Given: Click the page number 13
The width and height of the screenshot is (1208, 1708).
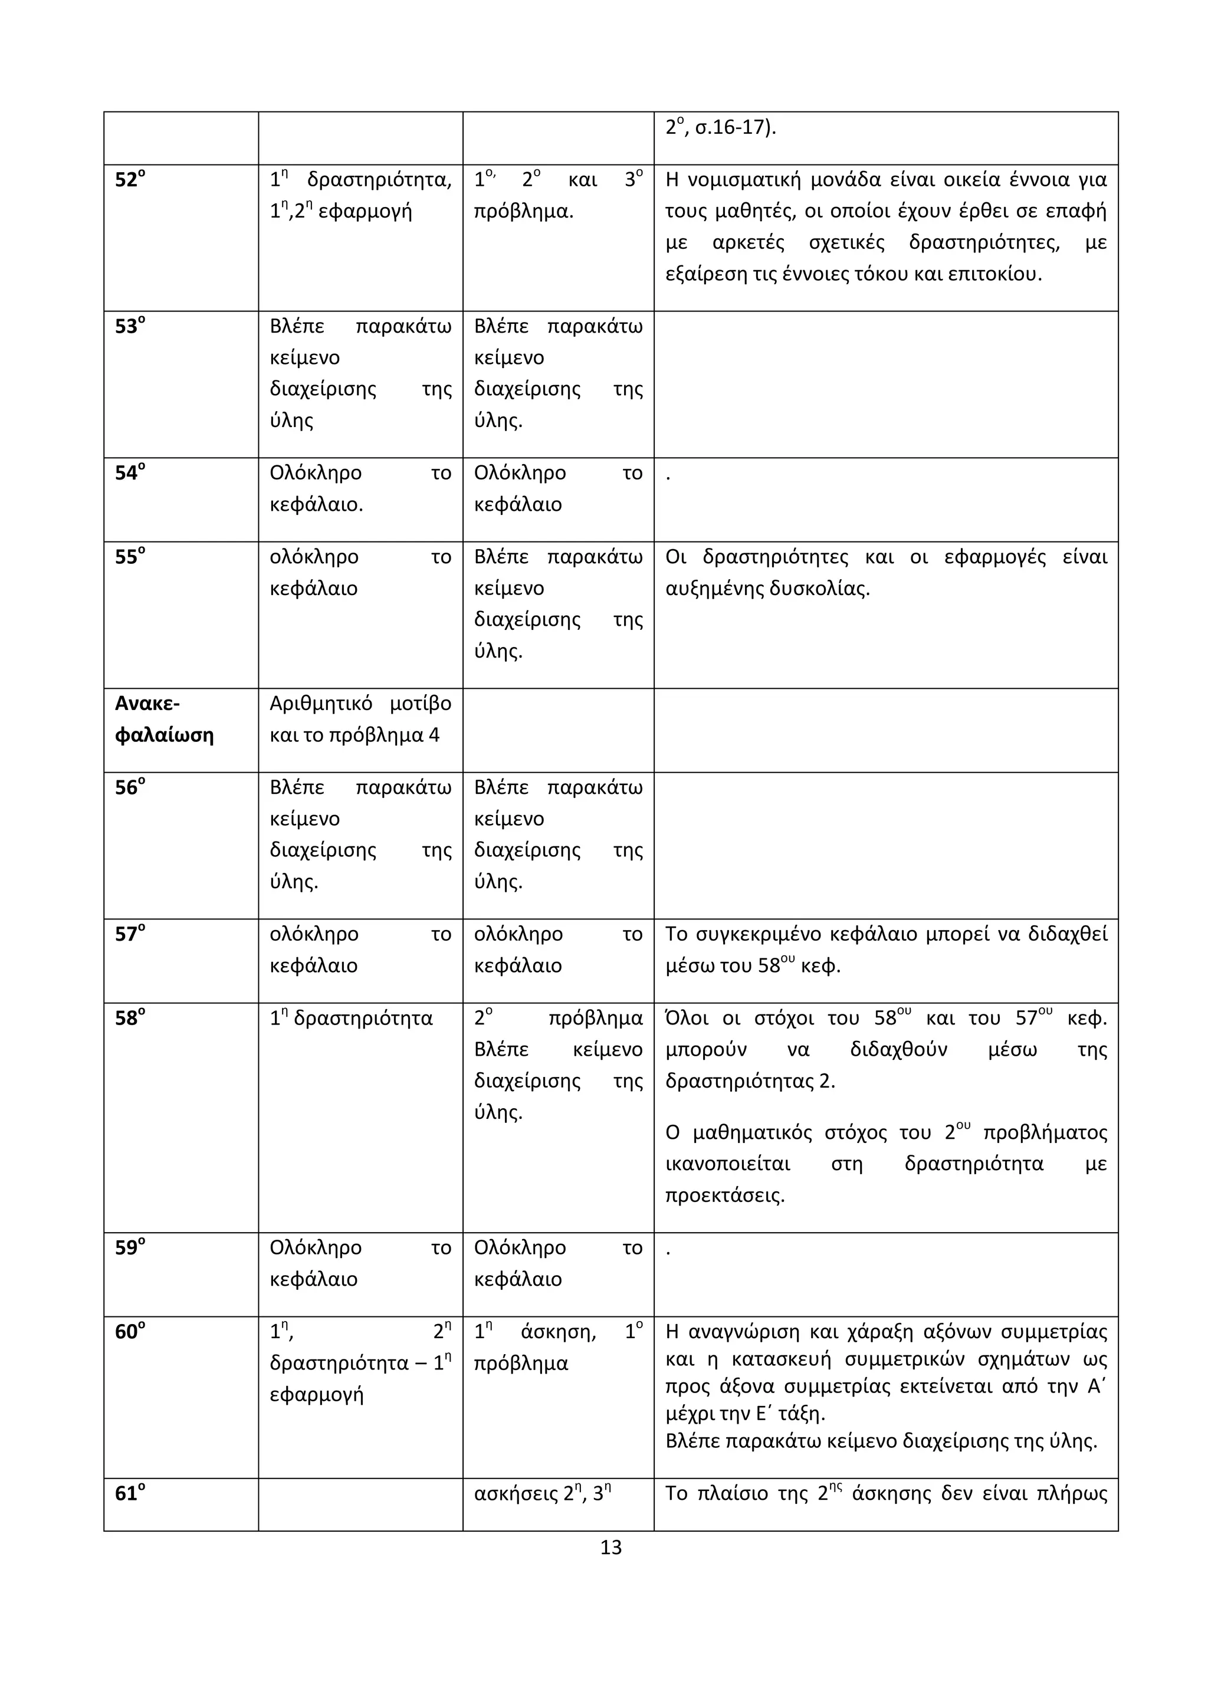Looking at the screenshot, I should tap(610, 1548).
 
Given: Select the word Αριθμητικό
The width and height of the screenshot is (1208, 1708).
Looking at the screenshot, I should tap(320, 704).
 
